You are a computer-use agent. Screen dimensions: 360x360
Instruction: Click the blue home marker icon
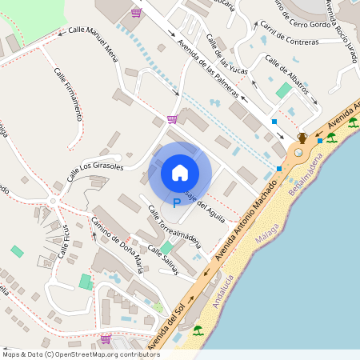pos(180,172)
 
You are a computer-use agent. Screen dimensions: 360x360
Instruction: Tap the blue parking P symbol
pos(177,204)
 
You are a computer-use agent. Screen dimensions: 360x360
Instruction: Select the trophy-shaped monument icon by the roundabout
pos(302,138)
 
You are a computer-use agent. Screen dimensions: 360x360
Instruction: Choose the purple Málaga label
pos(266,233)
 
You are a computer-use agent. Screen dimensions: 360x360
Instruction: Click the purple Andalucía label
pos(218,289)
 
